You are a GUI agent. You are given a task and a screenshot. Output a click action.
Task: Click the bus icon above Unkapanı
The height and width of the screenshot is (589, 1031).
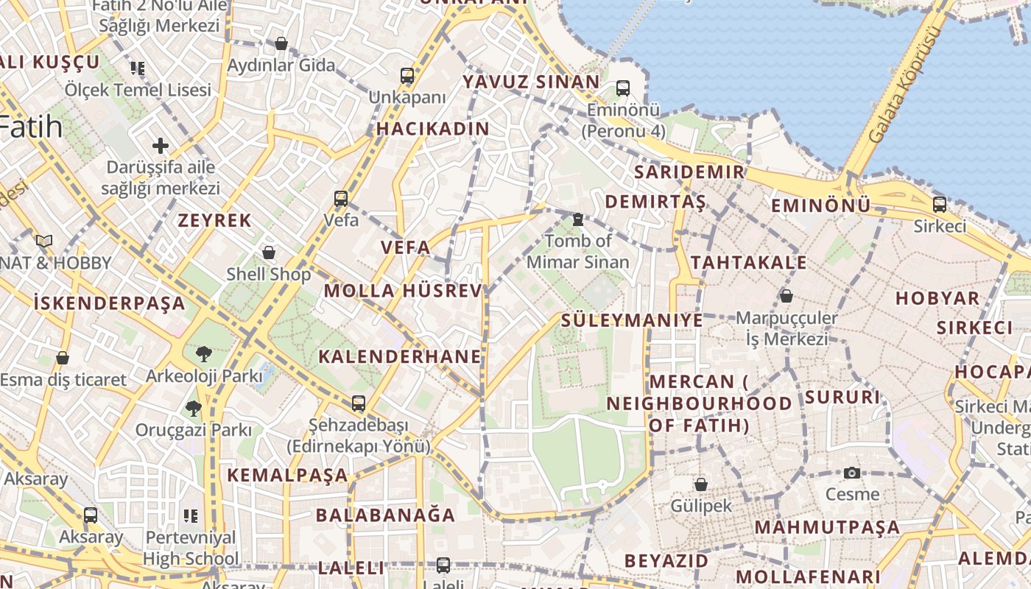pos(407,75)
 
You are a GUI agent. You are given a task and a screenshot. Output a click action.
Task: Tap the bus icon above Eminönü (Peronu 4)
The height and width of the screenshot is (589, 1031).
pos(623,88)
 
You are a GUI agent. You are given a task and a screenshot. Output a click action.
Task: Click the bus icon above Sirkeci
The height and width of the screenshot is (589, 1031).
pos(940,205)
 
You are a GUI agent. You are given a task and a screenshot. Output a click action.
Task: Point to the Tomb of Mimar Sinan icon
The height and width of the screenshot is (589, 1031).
pos(578,219)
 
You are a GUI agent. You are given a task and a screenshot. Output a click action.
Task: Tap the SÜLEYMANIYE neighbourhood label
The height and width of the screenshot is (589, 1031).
pos(632,320)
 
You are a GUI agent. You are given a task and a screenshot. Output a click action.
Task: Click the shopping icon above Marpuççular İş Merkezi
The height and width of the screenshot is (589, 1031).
pos(787,296)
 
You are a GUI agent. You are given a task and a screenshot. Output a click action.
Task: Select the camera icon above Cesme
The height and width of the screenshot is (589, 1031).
pos(852,473)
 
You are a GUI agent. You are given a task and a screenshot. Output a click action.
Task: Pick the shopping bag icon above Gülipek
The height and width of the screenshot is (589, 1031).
pos(701,484)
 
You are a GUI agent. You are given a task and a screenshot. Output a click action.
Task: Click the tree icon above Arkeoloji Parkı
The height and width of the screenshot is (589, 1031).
pos(203,354)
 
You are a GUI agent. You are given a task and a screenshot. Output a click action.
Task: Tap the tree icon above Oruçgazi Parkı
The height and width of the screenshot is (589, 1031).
pos(194,408)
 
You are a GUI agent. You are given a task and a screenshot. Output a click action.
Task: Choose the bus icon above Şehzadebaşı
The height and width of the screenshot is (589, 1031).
pos(359,403)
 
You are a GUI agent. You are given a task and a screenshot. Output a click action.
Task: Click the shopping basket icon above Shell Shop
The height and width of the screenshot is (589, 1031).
pos(269,253)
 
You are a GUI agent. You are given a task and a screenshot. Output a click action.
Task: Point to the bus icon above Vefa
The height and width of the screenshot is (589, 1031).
pos(341,198)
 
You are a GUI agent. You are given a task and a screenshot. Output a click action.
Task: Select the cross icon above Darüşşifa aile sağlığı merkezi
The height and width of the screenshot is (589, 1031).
pos(161,146)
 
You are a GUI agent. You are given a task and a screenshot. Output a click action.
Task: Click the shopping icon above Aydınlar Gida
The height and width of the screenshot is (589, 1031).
pos(281,43)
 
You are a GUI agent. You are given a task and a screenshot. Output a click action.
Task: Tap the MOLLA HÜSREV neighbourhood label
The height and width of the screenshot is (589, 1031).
pos(403,290)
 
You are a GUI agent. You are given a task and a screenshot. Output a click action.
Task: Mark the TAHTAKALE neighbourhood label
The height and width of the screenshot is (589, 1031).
pos(748,263)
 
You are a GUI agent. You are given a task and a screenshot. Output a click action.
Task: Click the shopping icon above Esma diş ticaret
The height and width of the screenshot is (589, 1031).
pos(63,358)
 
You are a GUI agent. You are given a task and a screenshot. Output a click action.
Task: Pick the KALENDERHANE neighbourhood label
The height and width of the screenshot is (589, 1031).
pos(399,357)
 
